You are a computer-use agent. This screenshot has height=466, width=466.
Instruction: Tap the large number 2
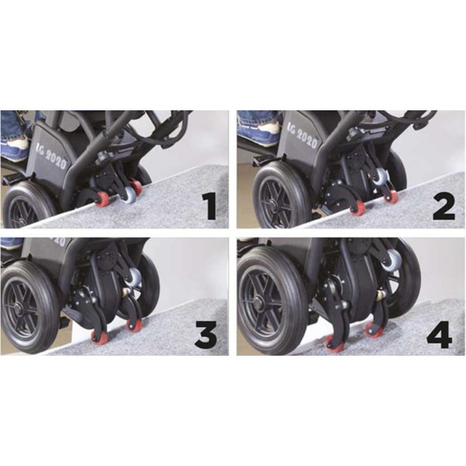[443, 207]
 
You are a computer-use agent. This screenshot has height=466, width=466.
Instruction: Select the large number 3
[206, 334]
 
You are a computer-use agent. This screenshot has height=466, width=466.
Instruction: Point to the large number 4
[440, 334]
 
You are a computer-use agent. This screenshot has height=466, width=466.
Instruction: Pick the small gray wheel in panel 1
[128, 194]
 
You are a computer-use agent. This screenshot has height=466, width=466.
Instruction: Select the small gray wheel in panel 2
[379, 177]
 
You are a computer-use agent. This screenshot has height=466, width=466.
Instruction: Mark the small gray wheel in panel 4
[391, 260]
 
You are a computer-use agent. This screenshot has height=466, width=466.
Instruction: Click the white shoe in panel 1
[17, 143]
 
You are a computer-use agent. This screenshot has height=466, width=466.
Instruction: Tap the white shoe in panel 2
[269, 127]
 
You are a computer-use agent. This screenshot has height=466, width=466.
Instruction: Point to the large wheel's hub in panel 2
[271, 203]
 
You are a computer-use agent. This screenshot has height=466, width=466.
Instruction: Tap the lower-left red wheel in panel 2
[358, 207]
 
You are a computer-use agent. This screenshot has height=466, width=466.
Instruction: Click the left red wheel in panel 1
[102, 198]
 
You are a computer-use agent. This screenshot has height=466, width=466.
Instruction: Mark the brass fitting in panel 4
[381, 295]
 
